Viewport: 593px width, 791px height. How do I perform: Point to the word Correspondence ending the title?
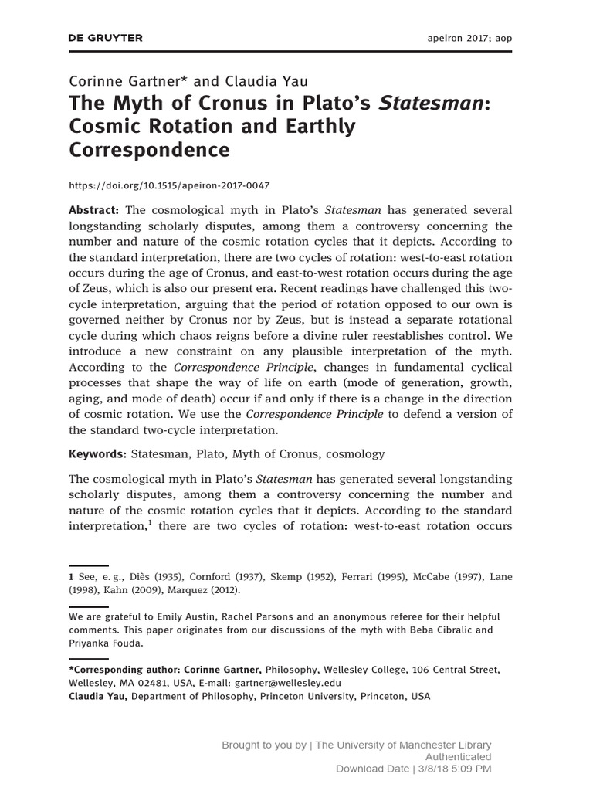click(x=150, y=149)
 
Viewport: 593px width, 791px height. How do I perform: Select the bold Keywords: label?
click(x=97, y=454)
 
